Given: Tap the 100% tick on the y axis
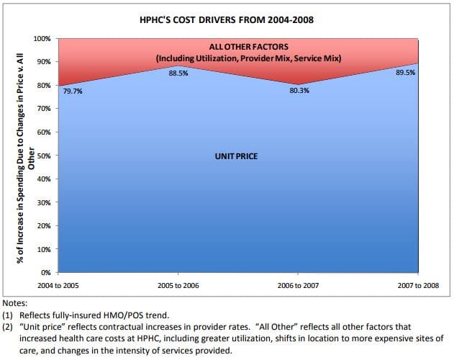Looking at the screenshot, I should point(42,38).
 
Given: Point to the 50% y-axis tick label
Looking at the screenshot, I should point(44,156).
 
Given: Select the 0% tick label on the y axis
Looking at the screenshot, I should point(46,273).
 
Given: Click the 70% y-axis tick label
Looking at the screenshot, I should point(44,109).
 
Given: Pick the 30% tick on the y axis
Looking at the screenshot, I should point(44,202).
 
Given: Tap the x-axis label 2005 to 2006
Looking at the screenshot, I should point(178,285).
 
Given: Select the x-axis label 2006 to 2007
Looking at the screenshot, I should point(299,285).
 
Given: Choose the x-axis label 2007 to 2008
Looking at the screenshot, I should point(417,285).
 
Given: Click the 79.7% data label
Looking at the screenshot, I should point(73,91).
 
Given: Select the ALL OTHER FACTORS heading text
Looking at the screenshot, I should point(240,46).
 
